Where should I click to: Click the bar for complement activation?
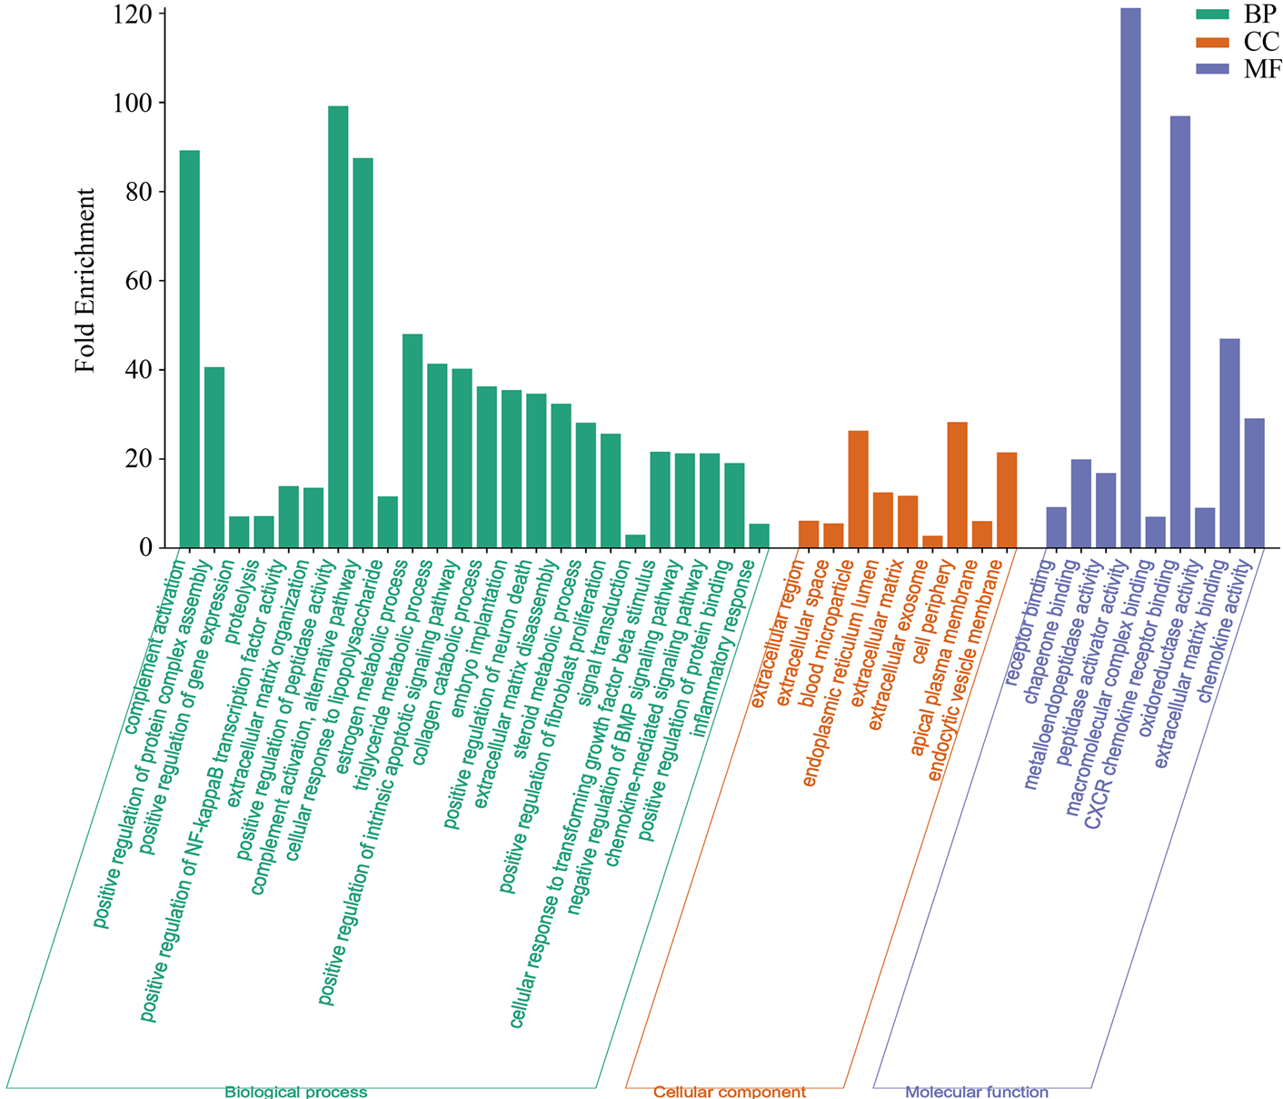pos(189,349)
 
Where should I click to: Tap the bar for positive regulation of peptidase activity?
pos(338,327)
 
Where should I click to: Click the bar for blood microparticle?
pos(858,489)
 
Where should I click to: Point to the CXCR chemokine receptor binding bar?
pos(1179,332)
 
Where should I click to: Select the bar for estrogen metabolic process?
pos(412,441)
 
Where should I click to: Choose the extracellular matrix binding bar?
pos(1229,443)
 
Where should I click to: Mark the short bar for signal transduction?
pos(635,541)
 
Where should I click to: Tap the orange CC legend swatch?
pos(1211,41)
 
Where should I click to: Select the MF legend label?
pos(1262,69)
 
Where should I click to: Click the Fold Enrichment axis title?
pos(85,280)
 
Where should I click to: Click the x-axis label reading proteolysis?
pos(244,588)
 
